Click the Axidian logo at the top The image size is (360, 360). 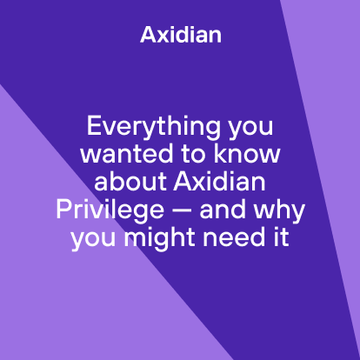180,35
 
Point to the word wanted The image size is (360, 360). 120,157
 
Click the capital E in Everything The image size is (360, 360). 93,128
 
